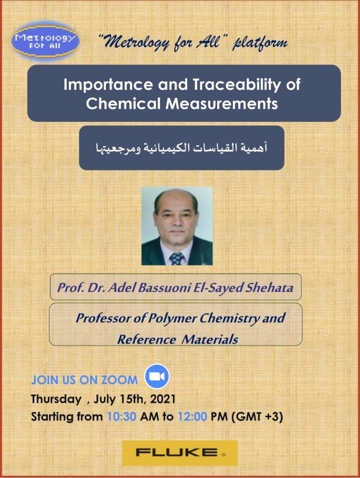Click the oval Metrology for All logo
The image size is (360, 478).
[46, 41]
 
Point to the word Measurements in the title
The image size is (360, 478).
[222, 103]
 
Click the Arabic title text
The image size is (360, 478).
[182, 148]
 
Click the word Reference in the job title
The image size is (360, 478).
[147, 339]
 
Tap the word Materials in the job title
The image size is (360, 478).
[210, 339]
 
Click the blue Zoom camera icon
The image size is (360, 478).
[157, 376]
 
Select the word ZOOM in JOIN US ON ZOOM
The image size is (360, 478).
[120, 380]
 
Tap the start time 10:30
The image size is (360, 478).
[122, 417]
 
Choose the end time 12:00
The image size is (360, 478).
[192, 417]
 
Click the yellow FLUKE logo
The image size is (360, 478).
[180, 453]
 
